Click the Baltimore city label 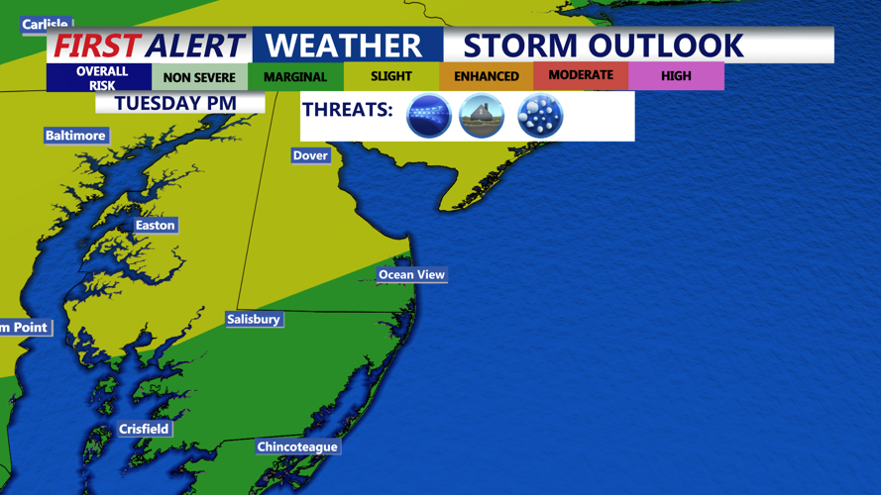pos(75,136)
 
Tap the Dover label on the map pos(310,155)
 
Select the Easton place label pos(155,226)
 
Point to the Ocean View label pos(411,274)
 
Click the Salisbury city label pos(253,319)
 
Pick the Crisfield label pos(144,429)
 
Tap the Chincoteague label pos(297,446)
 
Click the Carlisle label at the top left pos(45,24)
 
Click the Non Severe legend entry pos(199,77)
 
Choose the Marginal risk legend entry pos(295,77)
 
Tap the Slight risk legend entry pos(391,76)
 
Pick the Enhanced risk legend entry pos(486,76)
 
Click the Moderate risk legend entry pos(581,75)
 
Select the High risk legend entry pos(676,75)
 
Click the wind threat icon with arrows pos(429,116)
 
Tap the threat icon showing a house pos(482,116)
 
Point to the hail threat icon pos(540,116)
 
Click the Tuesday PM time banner pos(174,103)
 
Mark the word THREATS pos(347,110)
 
